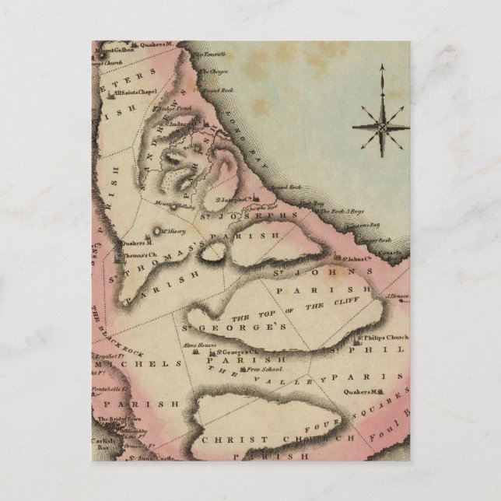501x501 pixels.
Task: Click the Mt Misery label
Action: coord(176,229)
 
